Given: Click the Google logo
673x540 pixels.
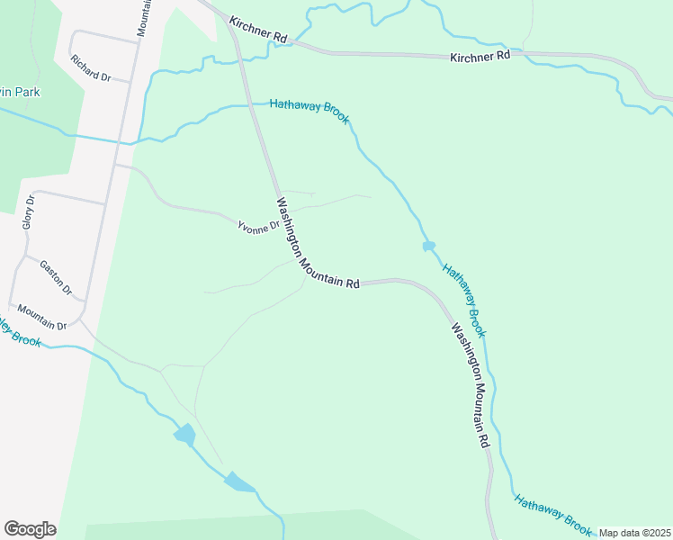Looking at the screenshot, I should pos(30,529).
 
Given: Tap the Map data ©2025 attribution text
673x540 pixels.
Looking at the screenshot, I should pos(633,533).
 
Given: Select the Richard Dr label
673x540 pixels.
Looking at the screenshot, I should pos(90,69).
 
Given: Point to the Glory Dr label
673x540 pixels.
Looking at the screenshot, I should pos(28,211).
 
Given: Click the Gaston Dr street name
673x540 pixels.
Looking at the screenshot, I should pos(56,277).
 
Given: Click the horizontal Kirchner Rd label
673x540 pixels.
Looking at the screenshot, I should pos(480,56).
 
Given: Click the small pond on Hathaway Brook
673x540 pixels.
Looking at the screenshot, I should pos(429,245).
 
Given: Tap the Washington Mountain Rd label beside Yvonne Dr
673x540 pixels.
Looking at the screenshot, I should pos(317,243).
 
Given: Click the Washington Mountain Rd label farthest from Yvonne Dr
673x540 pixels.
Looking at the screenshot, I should pos(470,385).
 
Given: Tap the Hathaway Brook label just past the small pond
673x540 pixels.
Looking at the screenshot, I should pos(463,301).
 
